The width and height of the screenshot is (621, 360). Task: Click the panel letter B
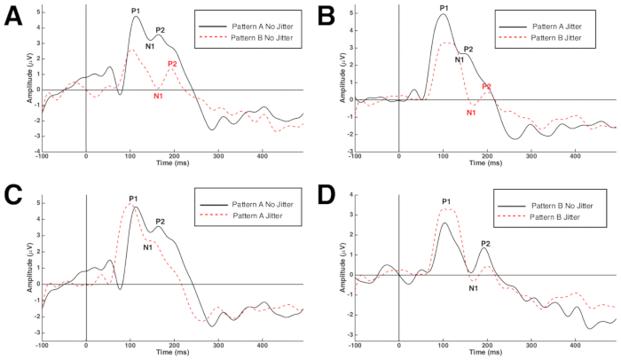[326, 14]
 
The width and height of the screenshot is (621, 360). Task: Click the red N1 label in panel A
[156, 96]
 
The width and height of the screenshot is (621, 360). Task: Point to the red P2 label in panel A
[172, 64]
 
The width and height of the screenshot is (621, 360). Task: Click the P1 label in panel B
[444, 8]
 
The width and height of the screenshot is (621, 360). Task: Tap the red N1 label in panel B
[471, 113]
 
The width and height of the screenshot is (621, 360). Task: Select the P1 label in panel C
[133, 199]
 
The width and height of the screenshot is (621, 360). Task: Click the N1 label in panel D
[474, 288]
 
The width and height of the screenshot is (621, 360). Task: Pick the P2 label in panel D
[485, 243]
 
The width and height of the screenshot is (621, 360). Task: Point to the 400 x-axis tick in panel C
[262, 344]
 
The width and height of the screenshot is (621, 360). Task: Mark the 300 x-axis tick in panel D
[530, 344]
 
